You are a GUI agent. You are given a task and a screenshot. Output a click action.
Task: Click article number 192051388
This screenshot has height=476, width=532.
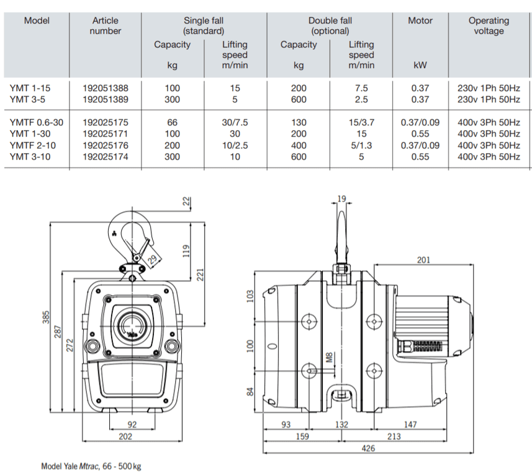click(x=106, y=88)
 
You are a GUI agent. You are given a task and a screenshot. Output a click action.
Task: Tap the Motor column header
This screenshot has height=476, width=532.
click(x=420, y=20)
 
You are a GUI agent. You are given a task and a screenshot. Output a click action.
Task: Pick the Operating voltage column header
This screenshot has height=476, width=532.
click(x=489, y=26)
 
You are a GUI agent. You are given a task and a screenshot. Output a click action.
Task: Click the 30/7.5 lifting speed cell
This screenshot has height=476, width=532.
click(x=235, y=122)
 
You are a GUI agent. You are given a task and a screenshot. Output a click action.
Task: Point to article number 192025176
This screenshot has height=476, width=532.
click(x=106, y=145)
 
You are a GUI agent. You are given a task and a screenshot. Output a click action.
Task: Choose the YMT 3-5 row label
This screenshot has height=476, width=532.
click(x=28, y=99)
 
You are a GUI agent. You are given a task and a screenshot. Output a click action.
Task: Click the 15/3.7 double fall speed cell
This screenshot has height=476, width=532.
click(x=361, y=122)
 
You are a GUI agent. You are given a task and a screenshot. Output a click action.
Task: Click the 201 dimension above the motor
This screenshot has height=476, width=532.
click(x=422, y=260)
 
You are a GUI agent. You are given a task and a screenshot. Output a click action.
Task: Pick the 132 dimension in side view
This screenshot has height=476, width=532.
click(x=341, y=425)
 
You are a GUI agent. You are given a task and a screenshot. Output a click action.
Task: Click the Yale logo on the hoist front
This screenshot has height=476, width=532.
click(x=132, y=335)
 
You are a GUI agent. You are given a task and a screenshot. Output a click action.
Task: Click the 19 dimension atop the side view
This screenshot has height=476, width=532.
click(x=341, y=198)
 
